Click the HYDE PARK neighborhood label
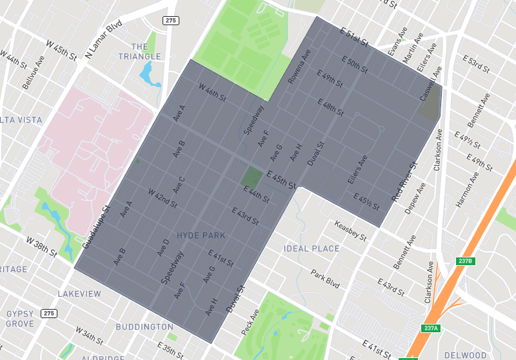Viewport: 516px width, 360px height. pos(201,236)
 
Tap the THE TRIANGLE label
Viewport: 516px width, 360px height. pos(140,52)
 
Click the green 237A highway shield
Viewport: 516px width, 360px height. pos(431,328)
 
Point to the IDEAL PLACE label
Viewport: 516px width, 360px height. pos(312,249)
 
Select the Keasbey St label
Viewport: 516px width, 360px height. pos(351,230)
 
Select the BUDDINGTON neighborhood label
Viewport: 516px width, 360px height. pos(144,327)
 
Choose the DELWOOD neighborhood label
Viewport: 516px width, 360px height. pos(466,355)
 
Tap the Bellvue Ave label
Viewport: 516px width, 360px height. pos(30,76)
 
